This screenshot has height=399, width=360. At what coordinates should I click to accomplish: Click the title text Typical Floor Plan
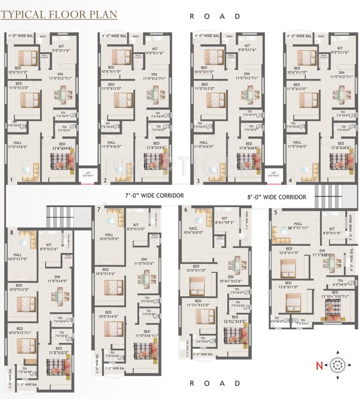(59, 14)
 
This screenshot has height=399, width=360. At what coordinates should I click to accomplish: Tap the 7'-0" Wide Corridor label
(154, 196)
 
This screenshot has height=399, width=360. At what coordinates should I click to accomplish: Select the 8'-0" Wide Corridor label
(277, 197)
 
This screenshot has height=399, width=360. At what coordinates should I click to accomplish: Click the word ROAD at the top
(215, 16)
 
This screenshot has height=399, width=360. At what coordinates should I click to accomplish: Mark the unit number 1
(11, 181)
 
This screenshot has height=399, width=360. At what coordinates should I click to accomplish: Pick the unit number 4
(290, 181)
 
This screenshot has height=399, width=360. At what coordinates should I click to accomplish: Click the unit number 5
(275, 212)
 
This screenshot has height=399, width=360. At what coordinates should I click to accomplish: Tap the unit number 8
(11, 232)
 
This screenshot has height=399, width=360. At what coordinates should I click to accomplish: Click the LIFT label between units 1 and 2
(85, 174)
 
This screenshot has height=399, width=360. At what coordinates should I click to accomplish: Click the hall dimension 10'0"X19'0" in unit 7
(110, 239)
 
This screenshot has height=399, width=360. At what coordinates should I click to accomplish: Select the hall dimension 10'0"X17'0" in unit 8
(21, 259)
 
